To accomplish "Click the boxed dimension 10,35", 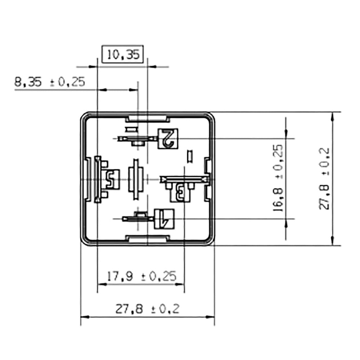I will click(x=123, y=54).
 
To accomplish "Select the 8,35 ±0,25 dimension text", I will click(x=49, y=82).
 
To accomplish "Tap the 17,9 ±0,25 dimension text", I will click(x=142, y=276).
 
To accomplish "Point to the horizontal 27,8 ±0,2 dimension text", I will click(x=147, y=309).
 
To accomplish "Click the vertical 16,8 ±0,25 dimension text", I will click(x=278, y=178).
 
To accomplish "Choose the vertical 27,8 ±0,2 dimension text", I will click(x=324, y=179).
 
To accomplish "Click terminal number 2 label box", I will click(x=168, y=138).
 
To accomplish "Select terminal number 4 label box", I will click(x=164, y=219).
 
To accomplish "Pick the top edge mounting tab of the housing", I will click(x=147, y=118).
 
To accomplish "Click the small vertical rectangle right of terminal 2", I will click(x=190, y=156).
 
